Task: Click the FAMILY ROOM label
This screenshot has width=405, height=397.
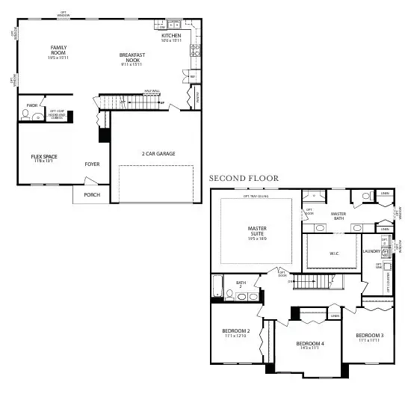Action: [58, 52]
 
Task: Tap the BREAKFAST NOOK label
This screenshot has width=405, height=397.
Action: [131, 58]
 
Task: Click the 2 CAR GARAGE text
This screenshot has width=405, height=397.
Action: [158, 153]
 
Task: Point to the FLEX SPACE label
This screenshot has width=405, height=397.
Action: [44, 159]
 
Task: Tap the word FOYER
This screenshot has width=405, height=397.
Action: [92, 164]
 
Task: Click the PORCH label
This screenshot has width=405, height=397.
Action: [92, 194]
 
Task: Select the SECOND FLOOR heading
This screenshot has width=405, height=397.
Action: [244, 179]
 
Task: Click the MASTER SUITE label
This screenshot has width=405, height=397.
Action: [257, 233]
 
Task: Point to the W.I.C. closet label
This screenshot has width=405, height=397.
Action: [334, 253]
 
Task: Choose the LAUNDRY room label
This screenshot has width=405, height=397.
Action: [371, 252]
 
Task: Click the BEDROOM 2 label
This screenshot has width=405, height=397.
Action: [235, 333]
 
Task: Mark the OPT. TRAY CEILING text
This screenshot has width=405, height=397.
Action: [256, 197]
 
